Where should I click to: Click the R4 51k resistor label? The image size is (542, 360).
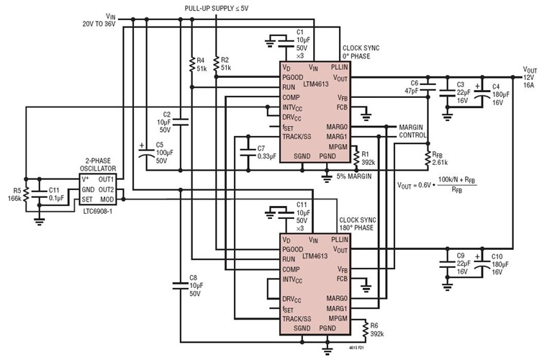(201, 64)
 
